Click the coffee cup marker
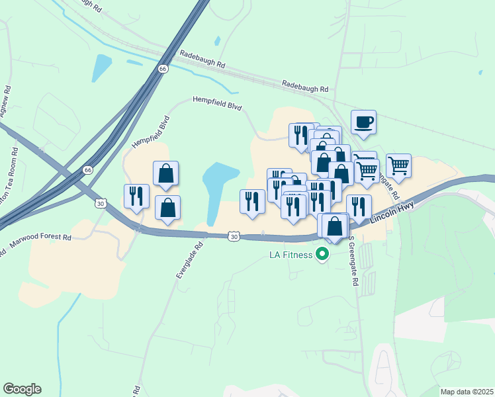click(x=363, y=122)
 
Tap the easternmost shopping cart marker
click(x=398, y=166)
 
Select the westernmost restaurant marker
click(x=136, y=197)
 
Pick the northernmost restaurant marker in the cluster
click(x=301, y=135)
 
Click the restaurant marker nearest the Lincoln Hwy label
click(x=359, y=207)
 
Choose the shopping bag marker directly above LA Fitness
click(x=336, y=226)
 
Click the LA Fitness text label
click(x=291, y=255)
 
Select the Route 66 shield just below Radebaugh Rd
click(x=163, y=68)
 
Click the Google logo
click(x=22, y=389)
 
